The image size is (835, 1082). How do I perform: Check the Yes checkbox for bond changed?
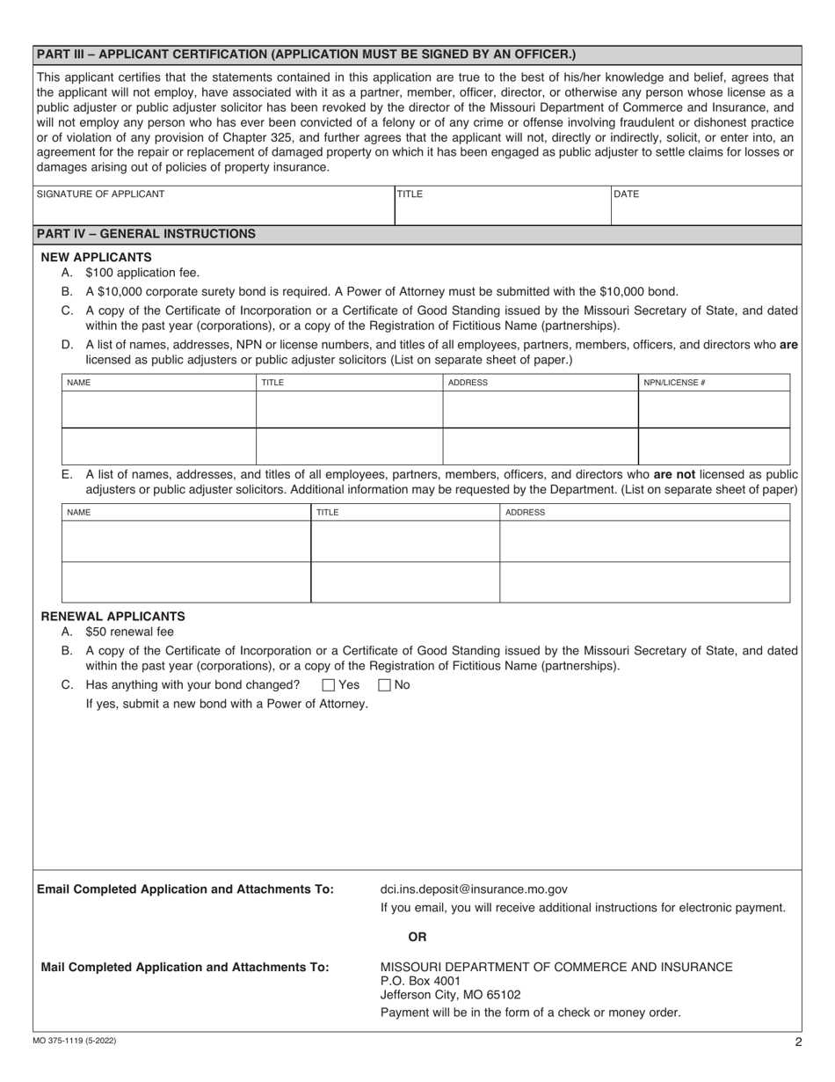[329, 685]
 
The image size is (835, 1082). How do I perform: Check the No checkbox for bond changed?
[384, 685]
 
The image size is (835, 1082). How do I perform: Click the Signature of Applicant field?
[214, 206]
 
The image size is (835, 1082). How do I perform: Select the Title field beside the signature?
[502, 206]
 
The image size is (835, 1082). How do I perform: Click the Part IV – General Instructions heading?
[147, 234]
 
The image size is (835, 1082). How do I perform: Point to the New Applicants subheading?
[97, 257]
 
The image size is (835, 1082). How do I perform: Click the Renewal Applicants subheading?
[113, 617]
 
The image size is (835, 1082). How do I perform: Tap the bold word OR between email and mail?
[417, 937]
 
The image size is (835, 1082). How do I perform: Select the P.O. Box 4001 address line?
[420, 981]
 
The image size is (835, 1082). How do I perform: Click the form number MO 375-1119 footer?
[75, 1042]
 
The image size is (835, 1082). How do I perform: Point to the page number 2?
[798, 1042]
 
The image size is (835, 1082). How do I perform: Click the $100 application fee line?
[142, 273]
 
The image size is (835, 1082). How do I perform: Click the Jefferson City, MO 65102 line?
[450, 995]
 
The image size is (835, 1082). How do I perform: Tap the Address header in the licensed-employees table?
[468, 383]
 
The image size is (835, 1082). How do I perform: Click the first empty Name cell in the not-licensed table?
[186, 541]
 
